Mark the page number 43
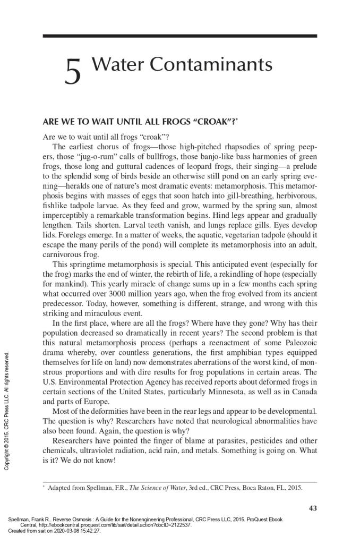tap(312, 508)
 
